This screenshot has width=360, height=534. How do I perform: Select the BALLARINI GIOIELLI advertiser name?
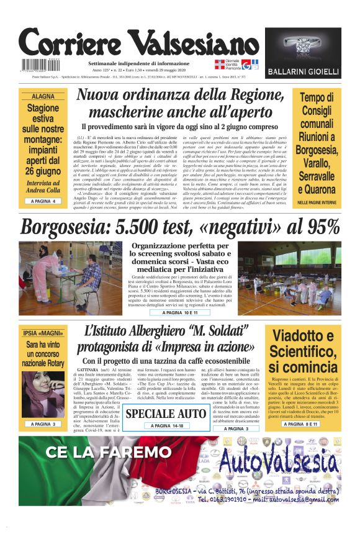click(x=303, y=72)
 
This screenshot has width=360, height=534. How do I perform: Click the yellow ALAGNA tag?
click(x=43, y=97)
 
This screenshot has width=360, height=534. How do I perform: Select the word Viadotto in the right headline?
click(x=304, y=337)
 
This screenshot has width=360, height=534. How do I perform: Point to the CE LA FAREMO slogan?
click(x=100, y=451)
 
